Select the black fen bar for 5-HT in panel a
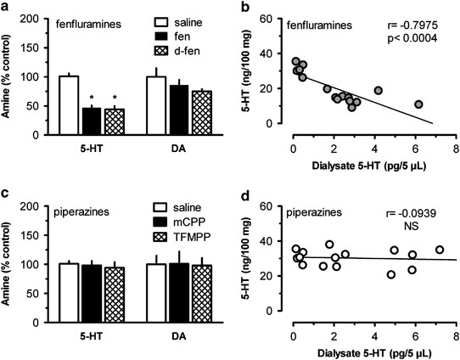tap(91, 121)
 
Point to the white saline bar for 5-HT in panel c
tap(69, 294)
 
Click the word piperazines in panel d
tap(322, 207)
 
